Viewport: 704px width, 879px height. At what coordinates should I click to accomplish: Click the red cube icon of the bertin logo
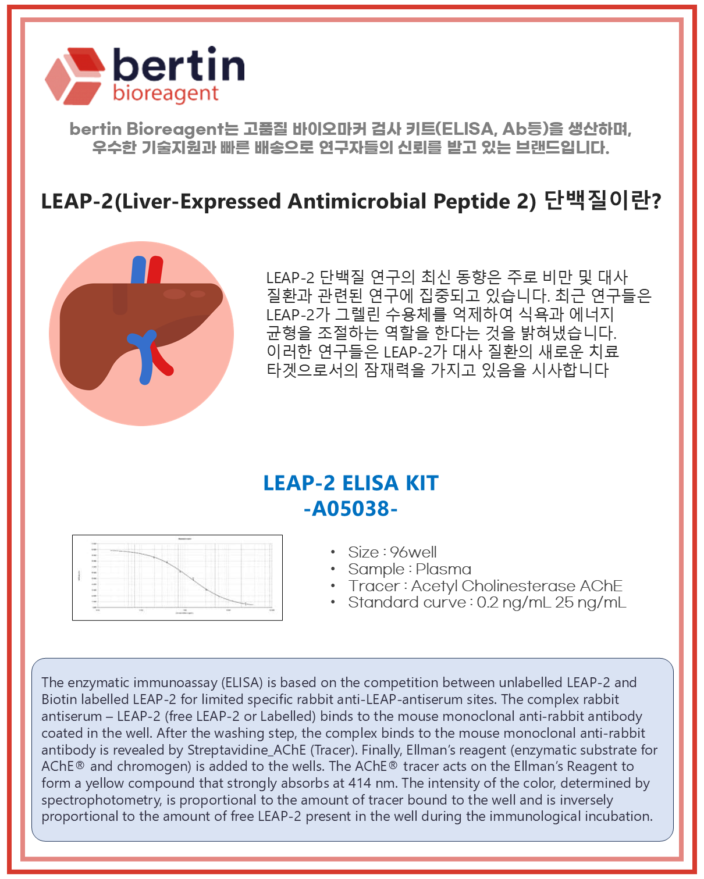74,76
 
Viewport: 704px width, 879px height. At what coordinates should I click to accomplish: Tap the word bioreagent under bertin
166,93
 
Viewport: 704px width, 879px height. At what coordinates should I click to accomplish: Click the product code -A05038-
350,509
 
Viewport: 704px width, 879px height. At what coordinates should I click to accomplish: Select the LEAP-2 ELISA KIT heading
350,483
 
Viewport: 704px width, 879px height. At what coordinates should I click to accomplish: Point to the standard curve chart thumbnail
177,577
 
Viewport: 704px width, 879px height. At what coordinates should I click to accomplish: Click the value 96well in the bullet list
413,552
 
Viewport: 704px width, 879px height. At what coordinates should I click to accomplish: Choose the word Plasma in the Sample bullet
443,569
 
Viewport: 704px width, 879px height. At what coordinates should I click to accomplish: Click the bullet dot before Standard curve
333,602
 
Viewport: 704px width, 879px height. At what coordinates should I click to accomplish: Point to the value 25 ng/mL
590,602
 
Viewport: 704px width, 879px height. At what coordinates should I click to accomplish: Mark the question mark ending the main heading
657,202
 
